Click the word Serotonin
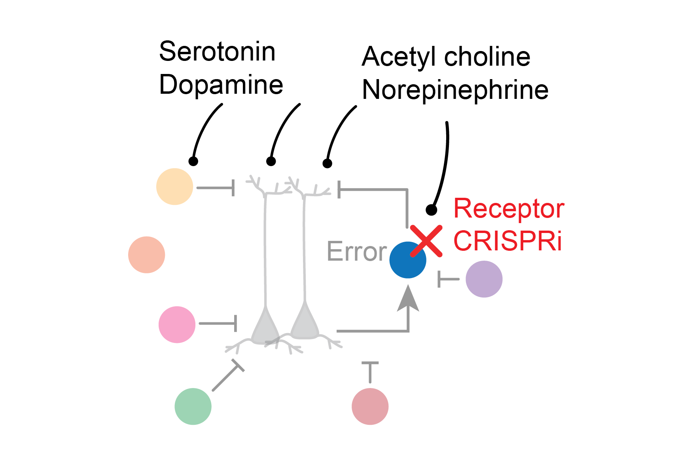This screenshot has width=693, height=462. point(217,52)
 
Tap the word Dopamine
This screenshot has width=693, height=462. point(221,85)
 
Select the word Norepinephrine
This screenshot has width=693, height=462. point(455,90)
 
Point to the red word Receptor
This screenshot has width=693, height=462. point(509,208)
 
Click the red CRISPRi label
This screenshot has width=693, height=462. point(507,241)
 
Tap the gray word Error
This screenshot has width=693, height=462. point(356,252)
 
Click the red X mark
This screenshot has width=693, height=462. point(426,241)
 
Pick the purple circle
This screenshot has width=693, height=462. point(484,279)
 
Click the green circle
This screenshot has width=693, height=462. point(193,406)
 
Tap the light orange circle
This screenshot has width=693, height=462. point(174,187)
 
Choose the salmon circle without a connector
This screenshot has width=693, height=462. point(147,255)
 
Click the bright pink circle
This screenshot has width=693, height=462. point(177,324)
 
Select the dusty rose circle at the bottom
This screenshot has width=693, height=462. point(370,406)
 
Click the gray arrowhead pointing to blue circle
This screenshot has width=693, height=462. point(408,299)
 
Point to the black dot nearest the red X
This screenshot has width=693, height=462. point(432,210)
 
